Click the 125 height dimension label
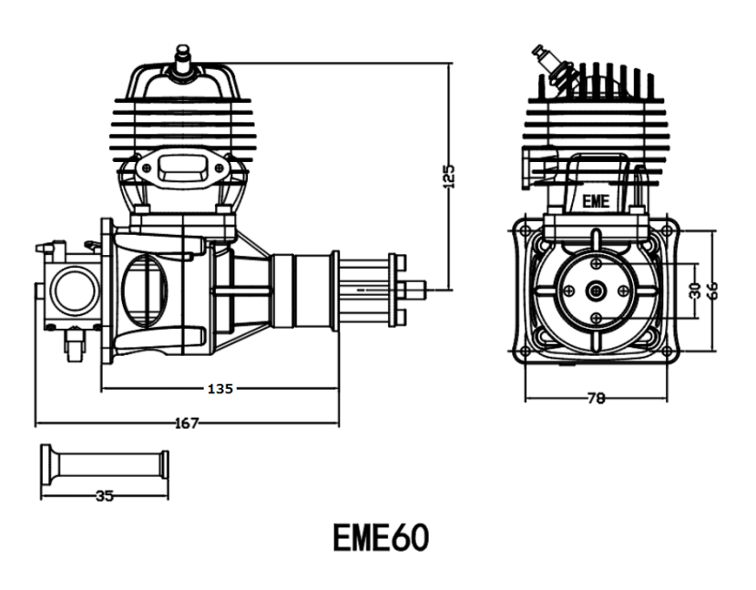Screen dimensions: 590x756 (449, 175)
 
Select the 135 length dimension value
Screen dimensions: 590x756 (220, 388)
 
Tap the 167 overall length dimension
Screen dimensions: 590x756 (186, 422)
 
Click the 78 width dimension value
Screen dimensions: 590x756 (598, 398)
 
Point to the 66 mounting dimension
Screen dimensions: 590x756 (714, 290)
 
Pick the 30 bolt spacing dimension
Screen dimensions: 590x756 (695, 290)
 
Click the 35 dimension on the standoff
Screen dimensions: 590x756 (105, 496)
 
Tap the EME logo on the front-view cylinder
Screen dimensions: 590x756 (596, 200)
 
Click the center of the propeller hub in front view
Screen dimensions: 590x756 (597, 290)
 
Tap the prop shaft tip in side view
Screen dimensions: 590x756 (424, 290)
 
